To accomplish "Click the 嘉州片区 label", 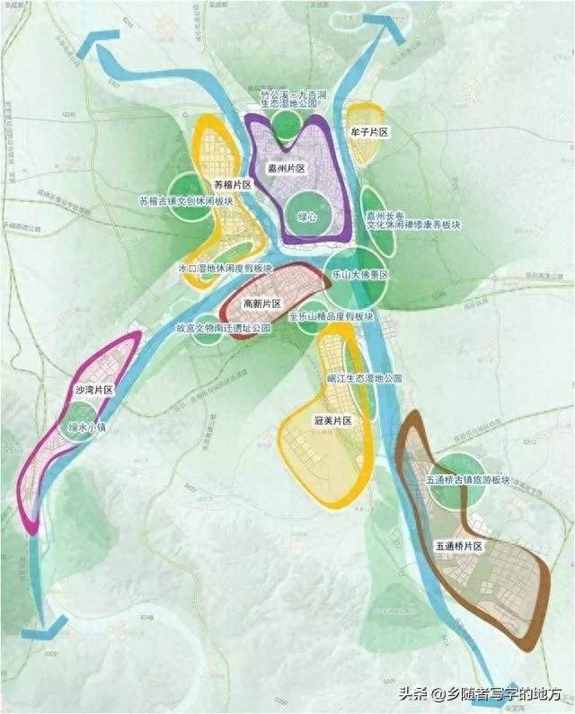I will [x=287, y=168].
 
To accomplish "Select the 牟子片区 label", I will [x=368, y=133].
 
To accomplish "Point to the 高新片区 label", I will [x=262, y=304].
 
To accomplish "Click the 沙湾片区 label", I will [x=94, y=391].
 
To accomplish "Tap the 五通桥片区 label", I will [x=459, y=546].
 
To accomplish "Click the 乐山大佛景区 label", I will [x=359, y=275].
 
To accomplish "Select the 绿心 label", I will [x=307, y=217].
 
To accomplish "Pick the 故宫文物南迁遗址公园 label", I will [x=223, y=329].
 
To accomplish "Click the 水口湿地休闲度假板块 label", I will [x=226, y=269].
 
